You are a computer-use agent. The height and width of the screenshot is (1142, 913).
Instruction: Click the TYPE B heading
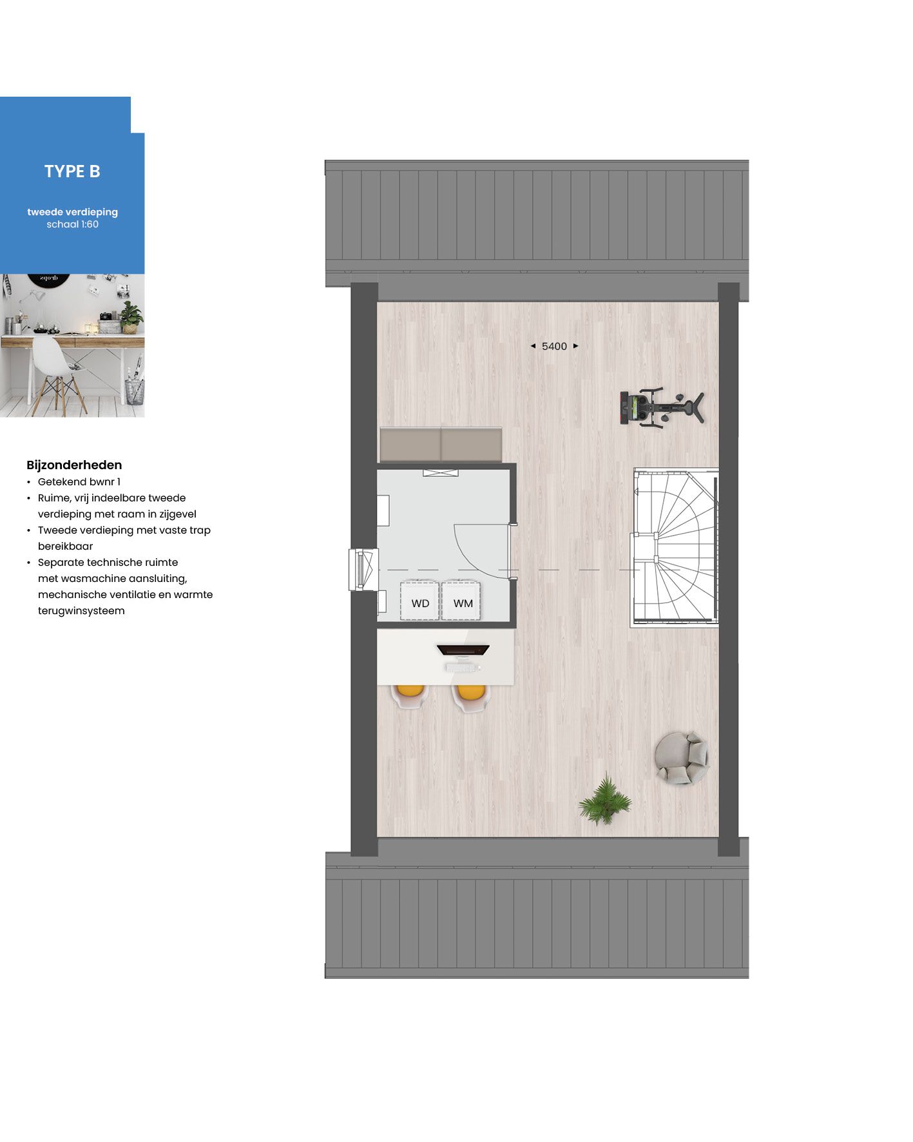coord(72,171)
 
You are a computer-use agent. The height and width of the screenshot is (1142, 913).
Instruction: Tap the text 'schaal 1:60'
coord(72,224)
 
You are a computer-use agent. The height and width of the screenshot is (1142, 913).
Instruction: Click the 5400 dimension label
coord(554,346)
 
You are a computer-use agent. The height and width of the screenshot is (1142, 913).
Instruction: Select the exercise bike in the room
coord(661,408)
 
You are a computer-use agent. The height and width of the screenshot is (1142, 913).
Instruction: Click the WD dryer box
coord(419,602)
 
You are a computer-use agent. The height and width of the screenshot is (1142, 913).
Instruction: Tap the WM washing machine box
coord(462,602)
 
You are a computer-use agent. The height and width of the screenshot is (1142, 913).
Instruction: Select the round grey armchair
coord(682,758)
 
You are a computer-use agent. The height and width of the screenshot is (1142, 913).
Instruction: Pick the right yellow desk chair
coord(470,697)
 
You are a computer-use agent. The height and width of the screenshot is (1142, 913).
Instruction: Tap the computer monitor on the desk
coord(463,650)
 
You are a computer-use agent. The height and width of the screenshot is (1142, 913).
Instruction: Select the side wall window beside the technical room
coord(363,569)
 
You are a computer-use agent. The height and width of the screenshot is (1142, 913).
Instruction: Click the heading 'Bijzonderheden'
coord(74,465)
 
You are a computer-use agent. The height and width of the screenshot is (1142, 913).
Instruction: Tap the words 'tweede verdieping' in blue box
coord(72,211)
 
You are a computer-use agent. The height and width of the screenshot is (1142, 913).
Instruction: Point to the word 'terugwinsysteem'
coord(81,610)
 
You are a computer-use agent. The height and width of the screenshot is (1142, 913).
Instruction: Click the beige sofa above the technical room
coord(441,444)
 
